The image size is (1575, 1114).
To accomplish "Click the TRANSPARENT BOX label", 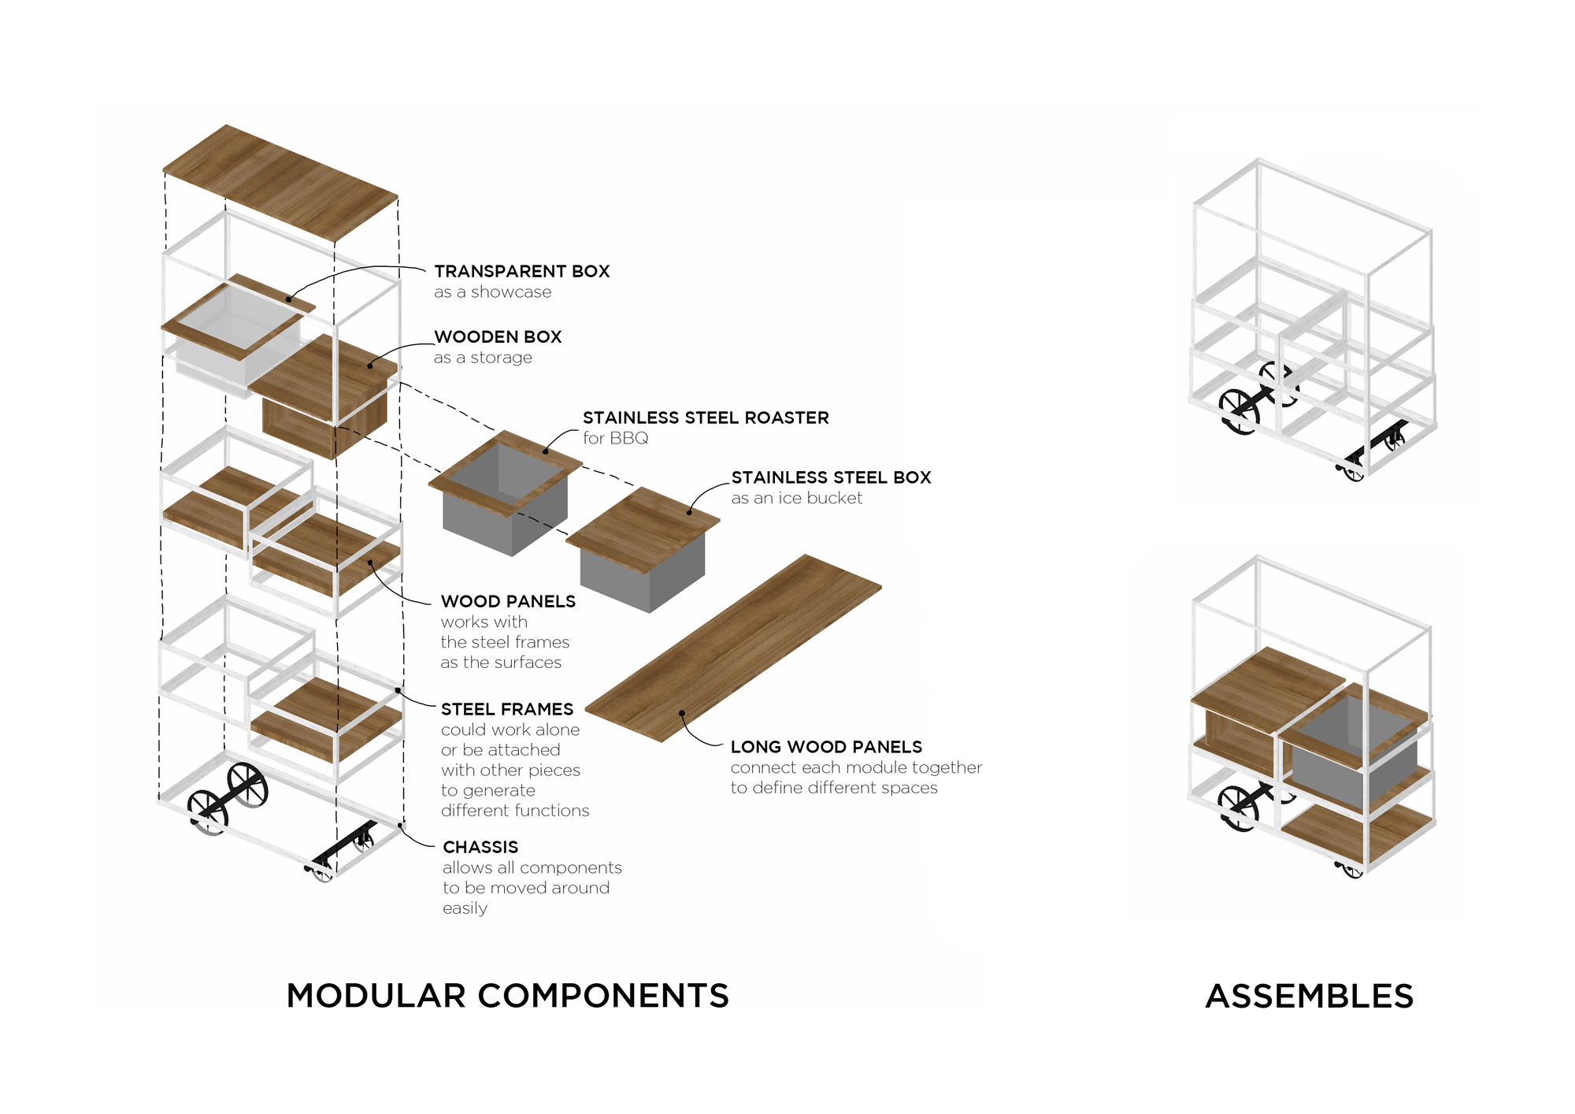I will coord(521,271).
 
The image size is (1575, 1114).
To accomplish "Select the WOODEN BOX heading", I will coord(498,337).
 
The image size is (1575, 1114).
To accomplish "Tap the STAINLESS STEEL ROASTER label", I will coord(706,418).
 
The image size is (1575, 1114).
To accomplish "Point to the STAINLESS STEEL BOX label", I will coord(831,477).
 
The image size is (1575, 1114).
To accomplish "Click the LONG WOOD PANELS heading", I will coord(826,747).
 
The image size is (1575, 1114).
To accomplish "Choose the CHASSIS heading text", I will coord(480,847).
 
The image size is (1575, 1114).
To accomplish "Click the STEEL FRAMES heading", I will coord(507,709).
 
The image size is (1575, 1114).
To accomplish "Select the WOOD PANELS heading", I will coord(508,601).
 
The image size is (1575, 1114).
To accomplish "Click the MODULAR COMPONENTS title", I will coord(507,996).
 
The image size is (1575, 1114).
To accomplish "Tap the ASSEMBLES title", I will coord(1309,997).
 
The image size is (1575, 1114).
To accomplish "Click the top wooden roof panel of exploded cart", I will coord(280,181).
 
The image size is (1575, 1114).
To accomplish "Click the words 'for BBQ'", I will coord(615,438).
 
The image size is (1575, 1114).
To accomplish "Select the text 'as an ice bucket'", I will coord(796,498).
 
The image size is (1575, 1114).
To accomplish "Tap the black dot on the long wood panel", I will coord(682,713).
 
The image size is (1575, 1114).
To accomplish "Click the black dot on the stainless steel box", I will coord(689,513).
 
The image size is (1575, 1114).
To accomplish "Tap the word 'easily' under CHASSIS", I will coord(465,908).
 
